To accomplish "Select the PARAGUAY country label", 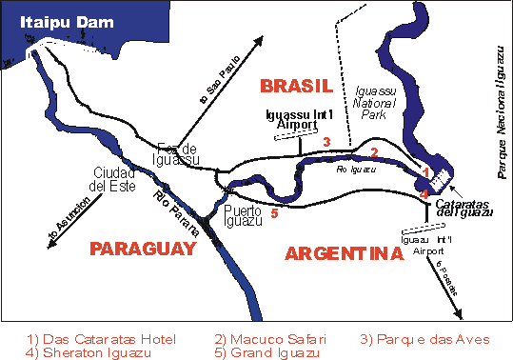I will click(x=142, y=249).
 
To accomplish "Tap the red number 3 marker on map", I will click(x=326, y=142).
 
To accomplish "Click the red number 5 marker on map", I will click(x=274, y=213).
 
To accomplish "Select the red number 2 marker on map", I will click(x=374, y=151).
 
